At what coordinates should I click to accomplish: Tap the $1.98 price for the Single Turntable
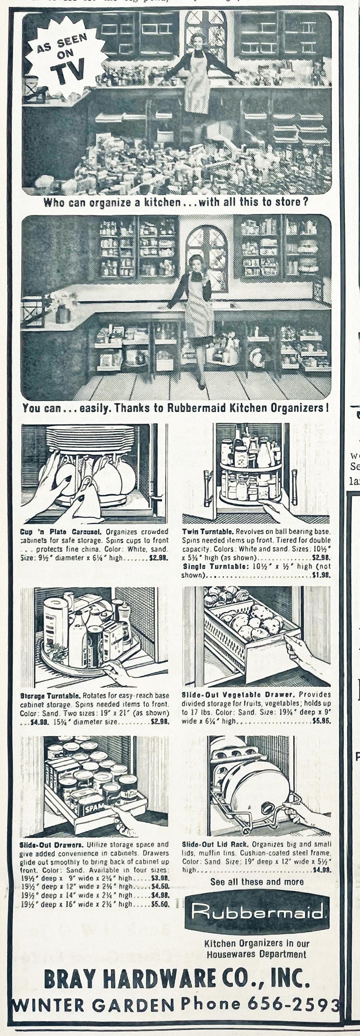click(x=321, y=575)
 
